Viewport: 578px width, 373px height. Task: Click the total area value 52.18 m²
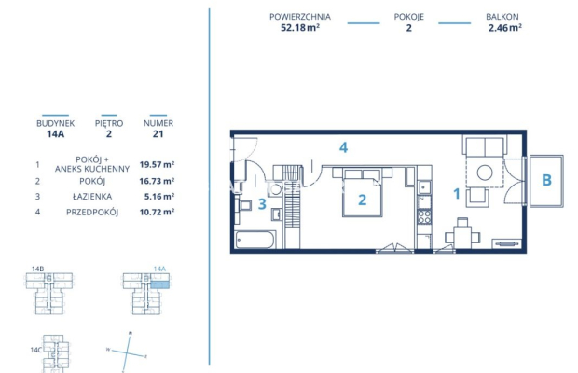tap(299, 28)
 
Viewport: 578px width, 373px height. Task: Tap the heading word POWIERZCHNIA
tap(300, 17)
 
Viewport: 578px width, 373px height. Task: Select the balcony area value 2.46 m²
tap(503, 28)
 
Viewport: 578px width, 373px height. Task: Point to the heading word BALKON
tap(503, 17)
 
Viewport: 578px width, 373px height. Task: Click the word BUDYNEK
tap(55, 122)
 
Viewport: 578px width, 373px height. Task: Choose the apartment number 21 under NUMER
tap(157, 134)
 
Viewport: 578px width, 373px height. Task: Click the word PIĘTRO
tap(108, 122)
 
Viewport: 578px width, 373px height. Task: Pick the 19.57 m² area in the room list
tap(156, 164)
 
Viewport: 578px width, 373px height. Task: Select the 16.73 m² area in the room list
tap(156, 181)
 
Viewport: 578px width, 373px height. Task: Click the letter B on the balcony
tap(546, 180)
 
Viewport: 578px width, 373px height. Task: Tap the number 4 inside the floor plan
tap(343, 147)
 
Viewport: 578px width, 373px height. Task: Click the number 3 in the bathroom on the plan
tap(263, 203)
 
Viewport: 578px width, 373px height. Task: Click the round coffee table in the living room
tap(485, 173)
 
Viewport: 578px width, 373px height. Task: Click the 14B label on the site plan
tap(37, 269)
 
